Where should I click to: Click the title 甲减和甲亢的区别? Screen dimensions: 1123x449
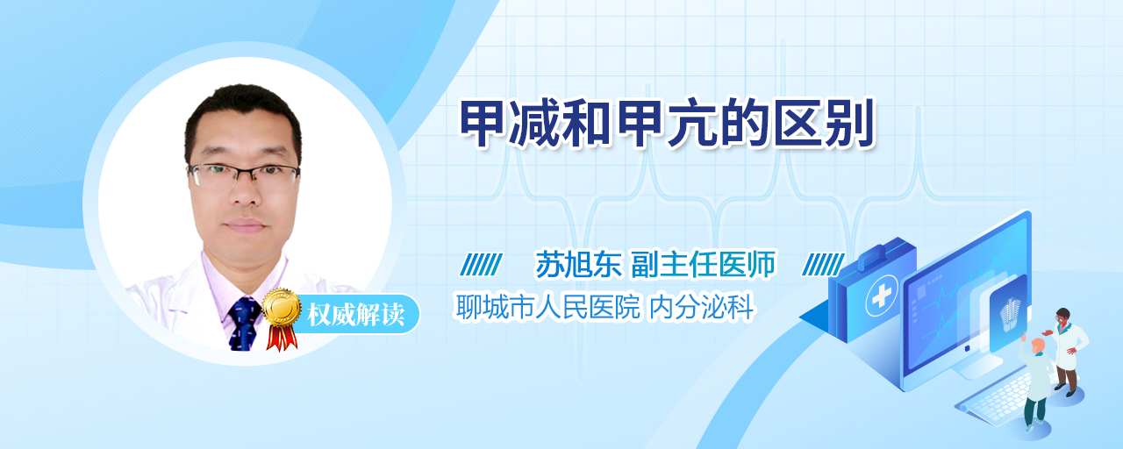667,124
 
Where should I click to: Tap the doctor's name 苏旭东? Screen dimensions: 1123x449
578,264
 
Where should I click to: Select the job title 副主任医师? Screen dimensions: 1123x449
703,264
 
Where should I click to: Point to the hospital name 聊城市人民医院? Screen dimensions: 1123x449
548,307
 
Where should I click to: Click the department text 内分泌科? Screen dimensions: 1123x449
701,307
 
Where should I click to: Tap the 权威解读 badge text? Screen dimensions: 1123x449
355,315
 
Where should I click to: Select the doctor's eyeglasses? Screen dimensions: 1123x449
244,175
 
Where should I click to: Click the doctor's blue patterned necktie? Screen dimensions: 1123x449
244,324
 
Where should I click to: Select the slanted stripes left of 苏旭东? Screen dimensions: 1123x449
482,265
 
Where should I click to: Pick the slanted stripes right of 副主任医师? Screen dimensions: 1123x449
823,265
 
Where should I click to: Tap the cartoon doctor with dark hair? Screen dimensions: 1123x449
1067,352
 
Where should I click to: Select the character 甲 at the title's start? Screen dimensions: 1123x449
483,124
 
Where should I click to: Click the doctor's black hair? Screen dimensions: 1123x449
243,108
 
